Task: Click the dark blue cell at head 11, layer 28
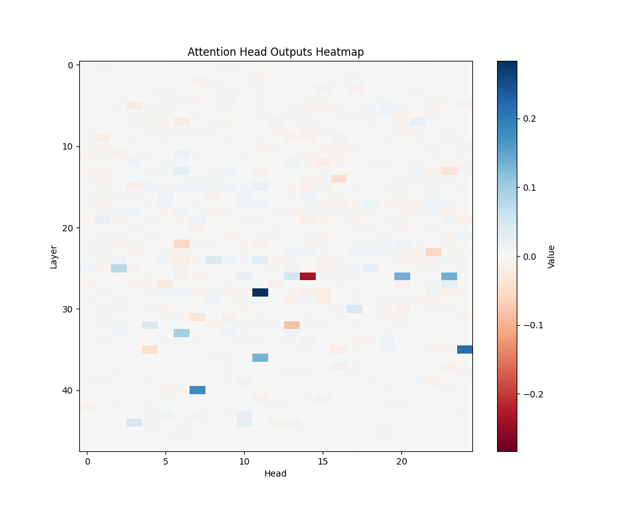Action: (260, 292)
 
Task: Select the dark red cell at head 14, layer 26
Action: (307, 276)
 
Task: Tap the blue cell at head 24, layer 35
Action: (465, 349)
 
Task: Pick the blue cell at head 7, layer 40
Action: (197, 390)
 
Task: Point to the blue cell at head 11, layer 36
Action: (260, 357)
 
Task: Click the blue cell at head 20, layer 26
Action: (402, 276)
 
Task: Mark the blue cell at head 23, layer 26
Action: (449, 276)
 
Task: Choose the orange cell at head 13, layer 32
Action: (292, 325)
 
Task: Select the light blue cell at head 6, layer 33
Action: (181, 333)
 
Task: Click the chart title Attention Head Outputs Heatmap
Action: (276, 52)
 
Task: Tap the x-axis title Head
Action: (276, 473)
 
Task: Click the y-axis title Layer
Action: (54, 256)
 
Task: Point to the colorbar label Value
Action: (551, 256)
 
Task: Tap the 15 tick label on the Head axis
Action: (323, 462)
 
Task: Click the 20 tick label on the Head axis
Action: (401, 462)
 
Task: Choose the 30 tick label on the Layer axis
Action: (68, 309)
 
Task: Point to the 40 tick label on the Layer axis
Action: (68, 390)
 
